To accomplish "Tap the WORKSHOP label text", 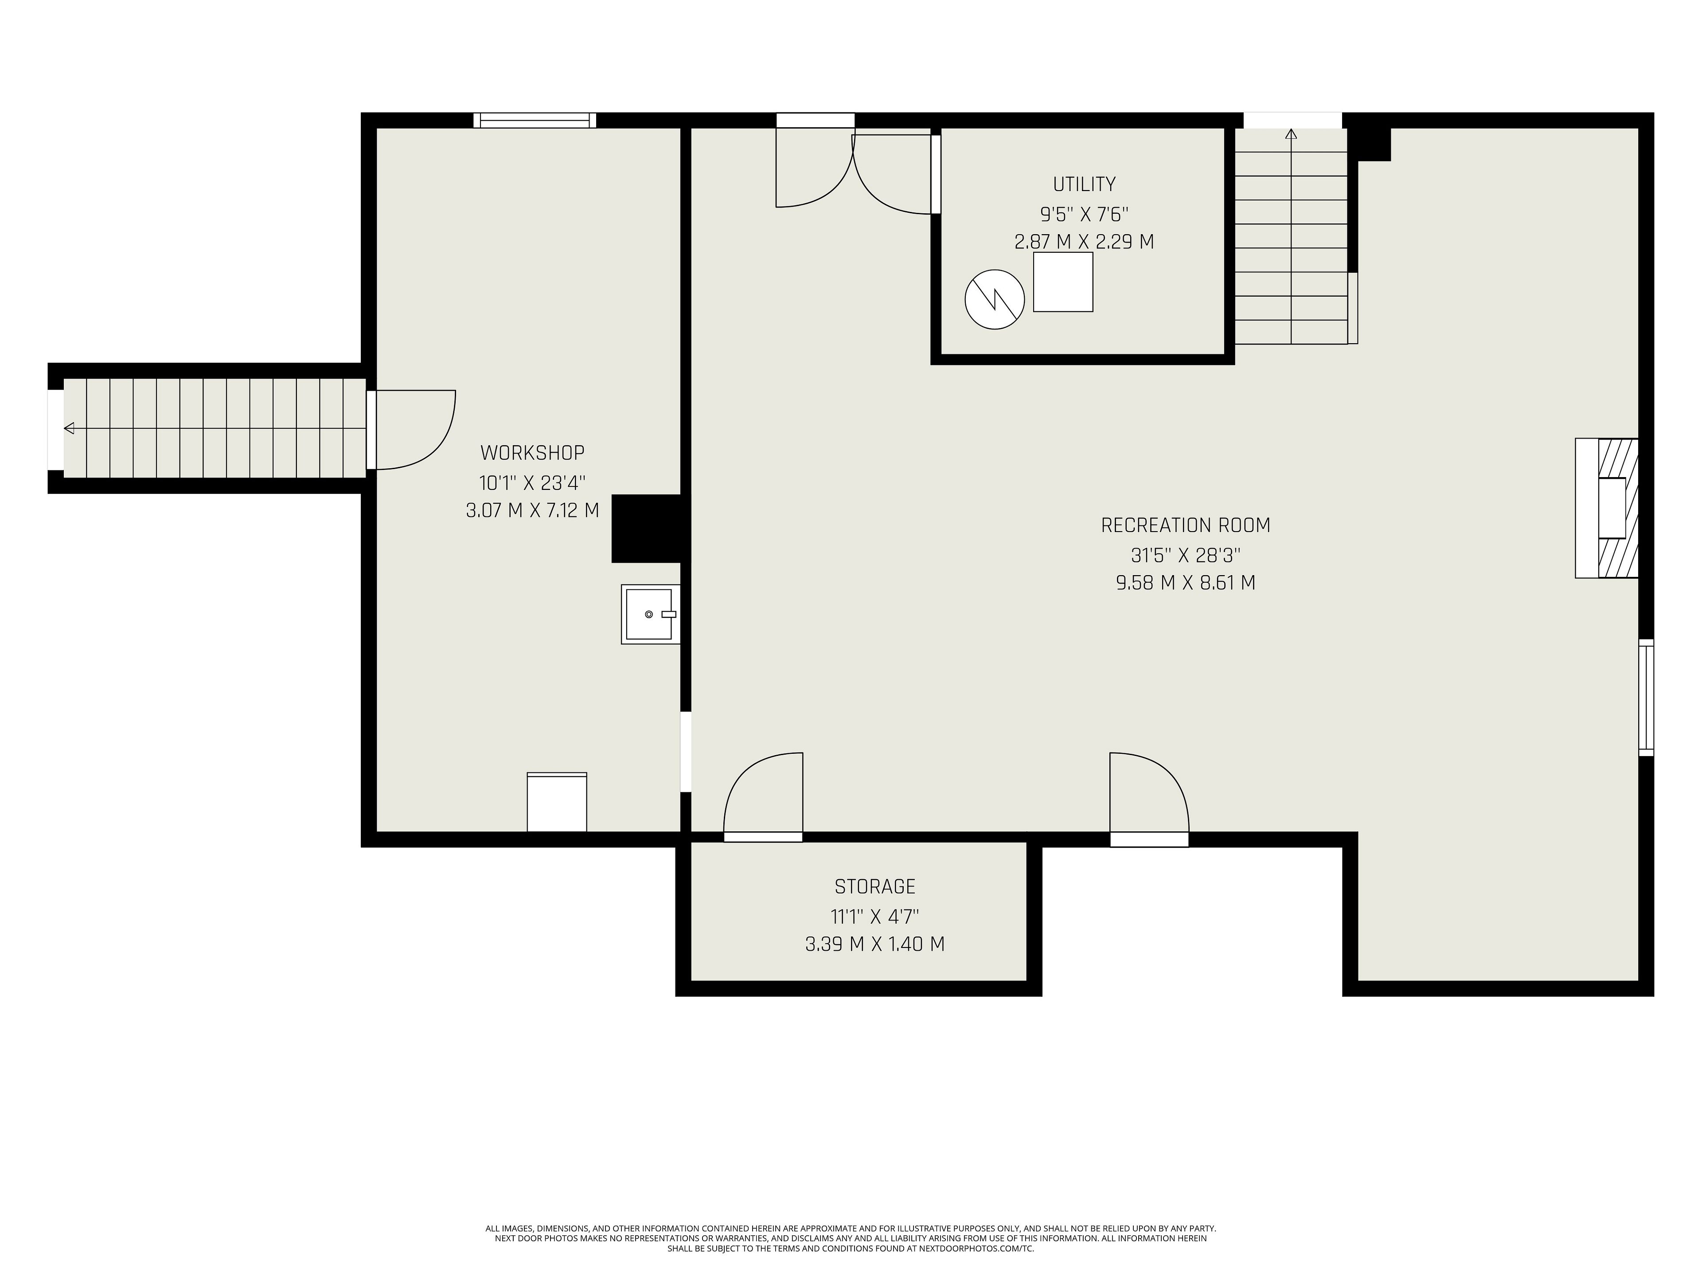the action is tap(532, 453).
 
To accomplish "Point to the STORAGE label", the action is tap(875, 887).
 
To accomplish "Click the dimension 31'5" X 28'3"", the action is tap(1185, 554).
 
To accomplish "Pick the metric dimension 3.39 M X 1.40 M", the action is tap(875, 944).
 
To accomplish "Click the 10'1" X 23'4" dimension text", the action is tap(532, 482).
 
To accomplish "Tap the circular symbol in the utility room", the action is tap(995, 299).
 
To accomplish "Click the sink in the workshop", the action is tap(650, 614).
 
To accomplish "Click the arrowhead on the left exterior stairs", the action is tap(69, 428).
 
